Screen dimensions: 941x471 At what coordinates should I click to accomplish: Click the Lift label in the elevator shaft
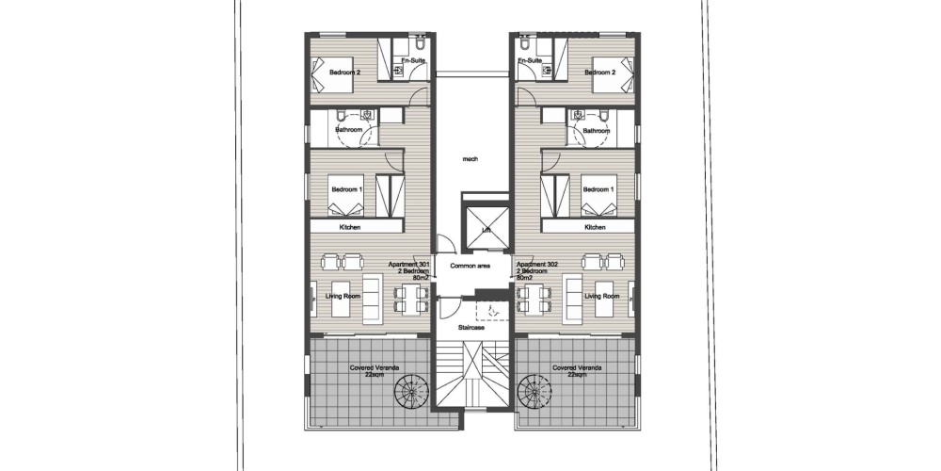click(486, 231)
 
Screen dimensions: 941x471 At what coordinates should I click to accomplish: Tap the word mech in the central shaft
click(470, 159)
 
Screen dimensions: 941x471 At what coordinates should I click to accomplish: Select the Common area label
click(470, 266)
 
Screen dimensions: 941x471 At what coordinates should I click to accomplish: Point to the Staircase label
click(471, 328)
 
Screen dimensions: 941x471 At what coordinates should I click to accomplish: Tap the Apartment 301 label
click(409, 265)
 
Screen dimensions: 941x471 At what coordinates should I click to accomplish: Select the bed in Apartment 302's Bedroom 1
click(598, 195)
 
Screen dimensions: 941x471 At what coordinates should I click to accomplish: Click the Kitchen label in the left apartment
click(350, 228)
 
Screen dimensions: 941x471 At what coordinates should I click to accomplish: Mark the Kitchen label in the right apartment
click(596, 228)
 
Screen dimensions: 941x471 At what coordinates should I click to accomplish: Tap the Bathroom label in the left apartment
click(349, 130)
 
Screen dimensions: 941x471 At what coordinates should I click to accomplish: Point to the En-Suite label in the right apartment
click(531, 60)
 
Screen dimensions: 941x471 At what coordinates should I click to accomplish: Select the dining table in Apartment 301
click(412, 299)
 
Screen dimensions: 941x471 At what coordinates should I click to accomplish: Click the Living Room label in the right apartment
click(602, 296)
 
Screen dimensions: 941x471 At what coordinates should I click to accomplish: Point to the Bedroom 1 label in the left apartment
click(347, 190)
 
